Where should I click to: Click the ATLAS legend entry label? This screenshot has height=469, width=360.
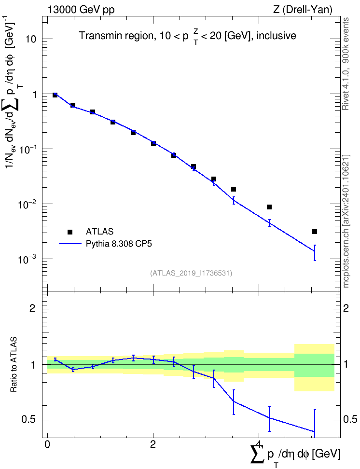tap(99, 232)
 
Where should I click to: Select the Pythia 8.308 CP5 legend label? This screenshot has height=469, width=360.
tap(119, 244)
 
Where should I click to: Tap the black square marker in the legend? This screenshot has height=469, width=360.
tap(70, 232)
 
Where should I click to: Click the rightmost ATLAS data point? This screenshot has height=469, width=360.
tap(315, 232)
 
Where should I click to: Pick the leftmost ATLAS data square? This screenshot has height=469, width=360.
tap(55, 95)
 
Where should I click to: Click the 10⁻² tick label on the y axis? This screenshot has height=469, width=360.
tap(27, 204)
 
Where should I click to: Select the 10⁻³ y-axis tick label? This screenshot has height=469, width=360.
tap(27, 259)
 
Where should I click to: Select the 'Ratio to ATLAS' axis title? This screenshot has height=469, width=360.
tap(13, 364)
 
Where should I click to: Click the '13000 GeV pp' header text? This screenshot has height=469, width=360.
tap(81, 10)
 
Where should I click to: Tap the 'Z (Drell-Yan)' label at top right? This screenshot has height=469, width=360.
tap(303, 10)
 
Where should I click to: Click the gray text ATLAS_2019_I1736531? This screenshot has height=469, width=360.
tap(191, 273)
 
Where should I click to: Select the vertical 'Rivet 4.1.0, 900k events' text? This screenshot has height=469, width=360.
tap(346, 64)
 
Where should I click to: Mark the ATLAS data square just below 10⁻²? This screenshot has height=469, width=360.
tap(269, 207)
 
